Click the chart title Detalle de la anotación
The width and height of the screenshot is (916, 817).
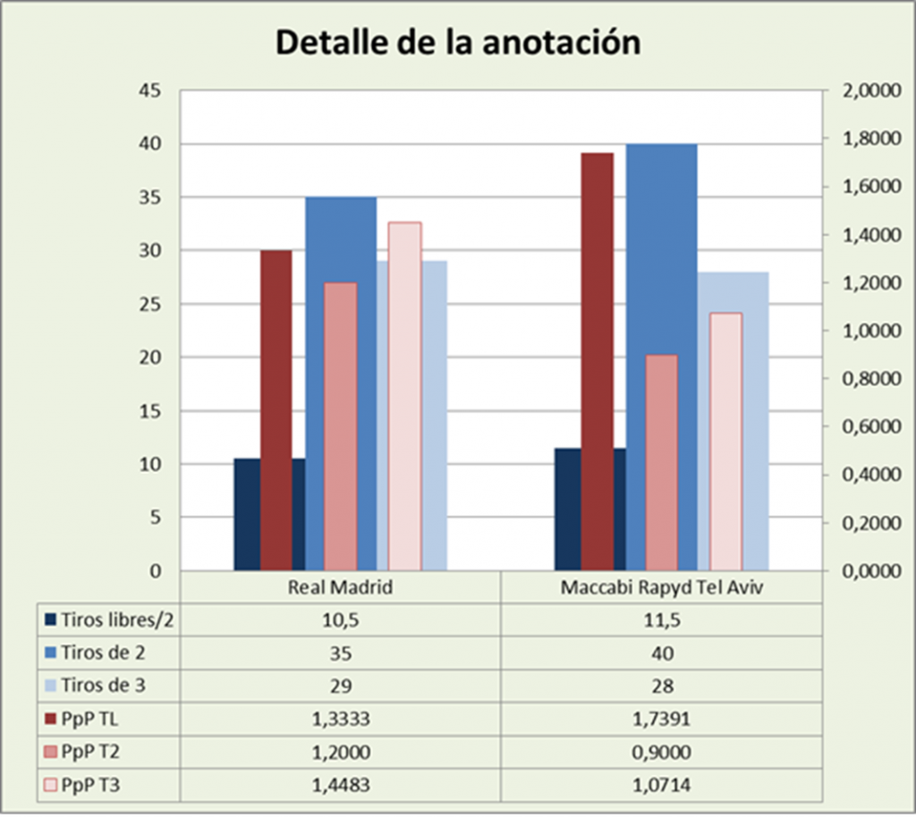point(457,42)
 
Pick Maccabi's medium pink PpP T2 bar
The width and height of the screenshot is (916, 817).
point(661,462)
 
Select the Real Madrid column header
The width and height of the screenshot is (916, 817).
point(340,588)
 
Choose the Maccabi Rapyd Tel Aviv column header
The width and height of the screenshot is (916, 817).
point(661,588)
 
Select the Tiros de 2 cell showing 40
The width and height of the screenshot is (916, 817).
point(661,652)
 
